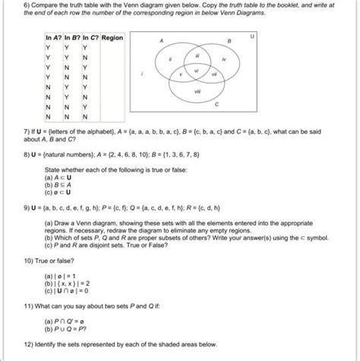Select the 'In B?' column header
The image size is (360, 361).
click(73, 37)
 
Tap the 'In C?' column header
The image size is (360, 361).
click(90, 37)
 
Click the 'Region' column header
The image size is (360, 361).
click(112, 37)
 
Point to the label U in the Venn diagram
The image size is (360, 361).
click(253, 36)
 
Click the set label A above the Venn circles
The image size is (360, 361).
click(161, 41)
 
